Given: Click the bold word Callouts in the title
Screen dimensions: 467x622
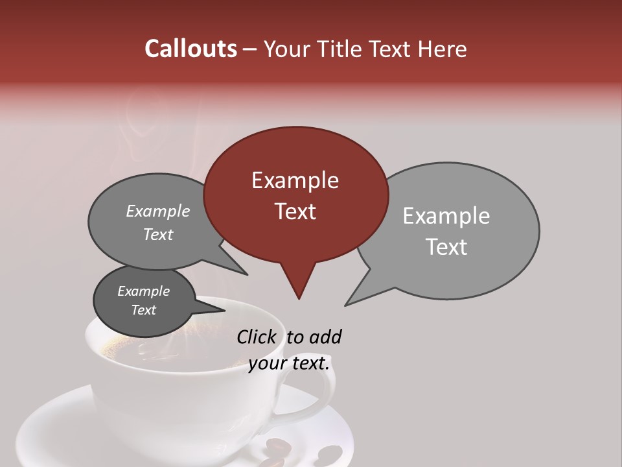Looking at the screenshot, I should point(190,49).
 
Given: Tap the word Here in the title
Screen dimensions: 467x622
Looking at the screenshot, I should point(443,49).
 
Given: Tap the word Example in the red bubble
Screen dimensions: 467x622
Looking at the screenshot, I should point(295,180).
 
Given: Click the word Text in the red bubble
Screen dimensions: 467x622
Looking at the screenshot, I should point(295,211).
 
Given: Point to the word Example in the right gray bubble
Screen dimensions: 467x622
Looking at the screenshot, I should point(446,216).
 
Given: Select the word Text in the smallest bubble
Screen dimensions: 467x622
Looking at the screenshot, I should point(144,310).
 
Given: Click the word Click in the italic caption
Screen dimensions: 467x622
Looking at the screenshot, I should point(257,337).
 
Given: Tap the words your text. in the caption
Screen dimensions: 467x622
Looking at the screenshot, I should point(288,363).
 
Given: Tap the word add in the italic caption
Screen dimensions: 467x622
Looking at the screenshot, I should point(325,337).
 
